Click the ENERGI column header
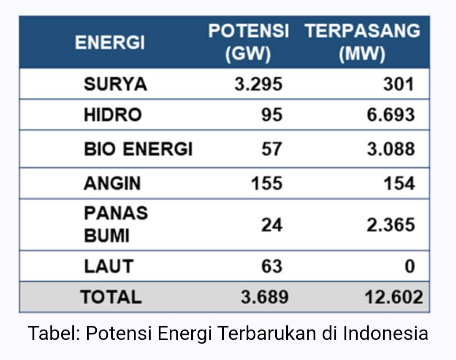point(110,43)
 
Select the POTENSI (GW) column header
point(248,43)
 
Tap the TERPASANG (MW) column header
point(362,43)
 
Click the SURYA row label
point(115,84)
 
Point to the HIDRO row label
point(113,115)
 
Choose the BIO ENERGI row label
point(138,149)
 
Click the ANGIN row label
point(112,183)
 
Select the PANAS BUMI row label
point(116,224)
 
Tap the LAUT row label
point(109,266)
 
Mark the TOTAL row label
point(111,297)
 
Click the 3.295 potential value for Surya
point(258,84)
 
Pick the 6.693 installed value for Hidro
point(391,115)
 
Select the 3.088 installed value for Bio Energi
point(391,149)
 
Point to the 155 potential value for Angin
point(267,183)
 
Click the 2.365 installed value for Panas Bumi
point(391,225)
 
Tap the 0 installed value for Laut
point(410,266)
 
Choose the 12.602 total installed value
point(394,297)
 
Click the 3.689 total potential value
point(265,297)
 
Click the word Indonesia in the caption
point(385,333)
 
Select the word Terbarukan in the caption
point(267,333)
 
